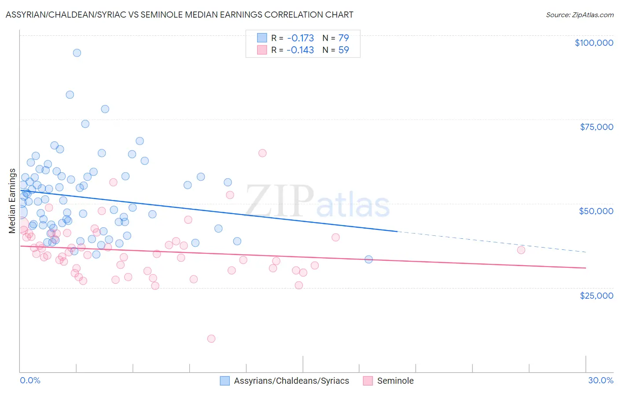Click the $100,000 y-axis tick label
tap(593, 43)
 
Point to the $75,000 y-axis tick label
tap(596, 127)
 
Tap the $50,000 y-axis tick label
tap(596, 211)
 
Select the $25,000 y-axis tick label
tap(596, 295)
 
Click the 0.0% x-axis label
tap(30, 380)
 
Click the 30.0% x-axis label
tap(601, 380)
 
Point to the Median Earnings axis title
tap(12, 201)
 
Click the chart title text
tap(179, 15)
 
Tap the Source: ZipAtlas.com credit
tap(579, 15)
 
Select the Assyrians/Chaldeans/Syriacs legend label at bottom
tap(291, 381)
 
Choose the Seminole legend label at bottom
tap(395, 381)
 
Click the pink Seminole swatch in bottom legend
tap(368, 381)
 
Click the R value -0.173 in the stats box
tap(300, 38)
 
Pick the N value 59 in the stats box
tap(343, 50)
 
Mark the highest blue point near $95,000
tap(77, 53)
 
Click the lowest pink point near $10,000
tap(211, 339)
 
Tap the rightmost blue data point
tap(368, 260)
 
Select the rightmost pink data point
tap(521, 250)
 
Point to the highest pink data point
tap(262, 153)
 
